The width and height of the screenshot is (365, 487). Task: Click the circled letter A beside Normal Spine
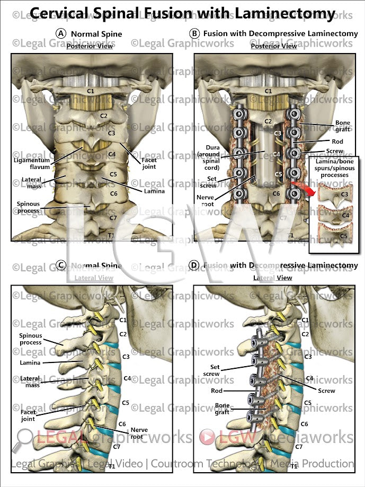pyautogui.click(x=61, y=33)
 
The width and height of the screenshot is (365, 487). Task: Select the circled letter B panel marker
pyautogui.click(x=194, y=33)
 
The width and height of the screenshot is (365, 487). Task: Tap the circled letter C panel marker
pyautogui.click(x=61, y=265)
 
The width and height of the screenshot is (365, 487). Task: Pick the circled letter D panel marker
pyautogui.click(x=194, y=265)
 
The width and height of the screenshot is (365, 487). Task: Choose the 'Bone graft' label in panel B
pyautogui.click(x=342, y=126)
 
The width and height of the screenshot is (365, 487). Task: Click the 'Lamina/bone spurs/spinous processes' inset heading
pyautogui.click(x=335, y=167)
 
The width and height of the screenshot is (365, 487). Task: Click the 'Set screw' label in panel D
pyautogui.click(x=215, y=370)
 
